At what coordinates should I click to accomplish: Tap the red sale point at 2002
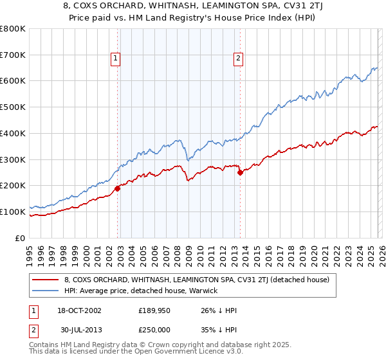(118, 188)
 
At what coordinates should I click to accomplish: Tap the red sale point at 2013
(240, 172)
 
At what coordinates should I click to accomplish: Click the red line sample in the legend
(46, 280)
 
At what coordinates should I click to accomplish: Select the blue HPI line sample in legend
(46, 291)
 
